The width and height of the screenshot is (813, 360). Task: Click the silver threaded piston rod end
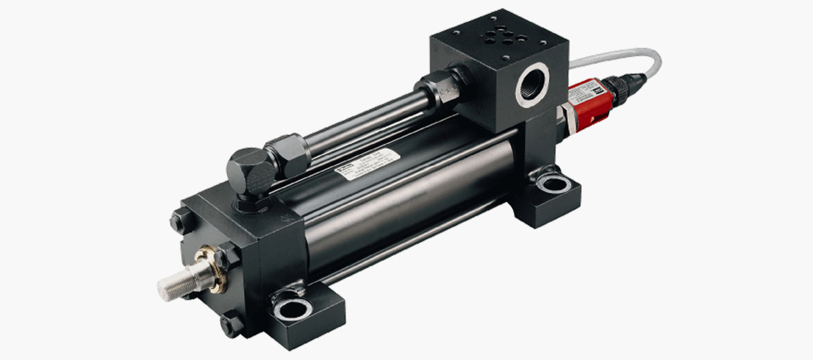[173, 282]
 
